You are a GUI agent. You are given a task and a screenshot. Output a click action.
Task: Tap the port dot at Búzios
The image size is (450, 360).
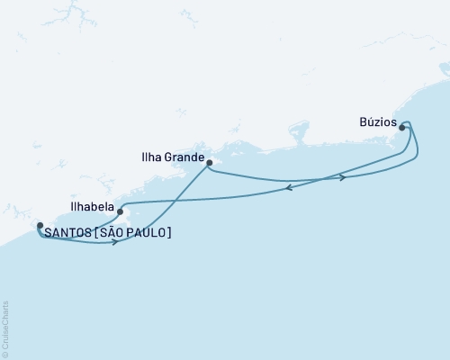(401, 128)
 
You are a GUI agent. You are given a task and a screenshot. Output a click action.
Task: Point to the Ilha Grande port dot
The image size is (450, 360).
(209, 163)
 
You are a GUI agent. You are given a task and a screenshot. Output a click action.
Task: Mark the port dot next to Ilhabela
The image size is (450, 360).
(120, 212)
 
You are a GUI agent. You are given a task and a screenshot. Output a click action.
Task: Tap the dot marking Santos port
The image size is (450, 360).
(39, 225)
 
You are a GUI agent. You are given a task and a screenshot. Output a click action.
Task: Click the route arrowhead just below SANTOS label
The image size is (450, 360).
(115, 242)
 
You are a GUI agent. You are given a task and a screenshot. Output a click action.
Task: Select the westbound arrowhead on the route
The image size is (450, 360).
(287, 188)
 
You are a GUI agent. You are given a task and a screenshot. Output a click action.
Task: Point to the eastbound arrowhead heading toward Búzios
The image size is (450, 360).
(343, 177)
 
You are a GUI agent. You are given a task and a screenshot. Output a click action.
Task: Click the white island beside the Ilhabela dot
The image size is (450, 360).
(127, 217)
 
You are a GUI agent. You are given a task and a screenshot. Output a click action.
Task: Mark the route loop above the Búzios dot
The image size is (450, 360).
(407, 122)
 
